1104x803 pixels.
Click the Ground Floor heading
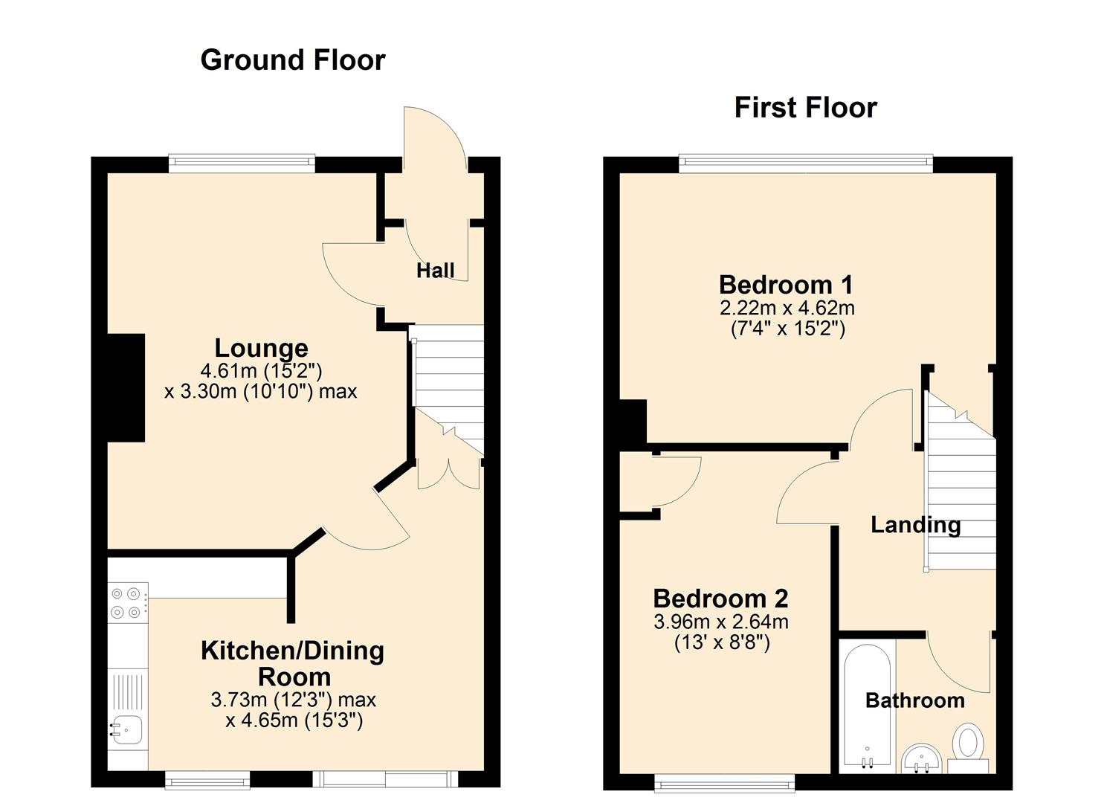click(x=293, y=61)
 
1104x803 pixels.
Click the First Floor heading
click(x=805, y=108)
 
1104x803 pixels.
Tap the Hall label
click(x=435, y=271)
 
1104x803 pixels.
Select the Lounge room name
click(x=261, y=349)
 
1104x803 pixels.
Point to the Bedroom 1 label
click(x=786, y=285)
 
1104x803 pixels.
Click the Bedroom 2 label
click(x=720, y=599)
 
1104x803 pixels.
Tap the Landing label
click(x=916, y=526)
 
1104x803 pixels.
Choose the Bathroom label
click(x=914, y=700)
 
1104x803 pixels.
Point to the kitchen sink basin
click(x=127, y=729)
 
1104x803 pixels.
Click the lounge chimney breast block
click(x=126, y=388)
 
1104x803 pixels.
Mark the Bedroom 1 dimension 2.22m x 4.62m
click(x=787, y=309)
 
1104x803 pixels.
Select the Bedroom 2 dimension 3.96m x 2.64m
click(x=721, y=622)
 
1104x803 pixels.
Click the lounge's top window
click(x=242, y=164)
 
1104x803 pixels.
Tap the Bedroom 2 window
click(x=725, y=783)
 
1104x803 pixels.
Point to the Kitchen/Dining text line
click(x=293, y=651)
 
